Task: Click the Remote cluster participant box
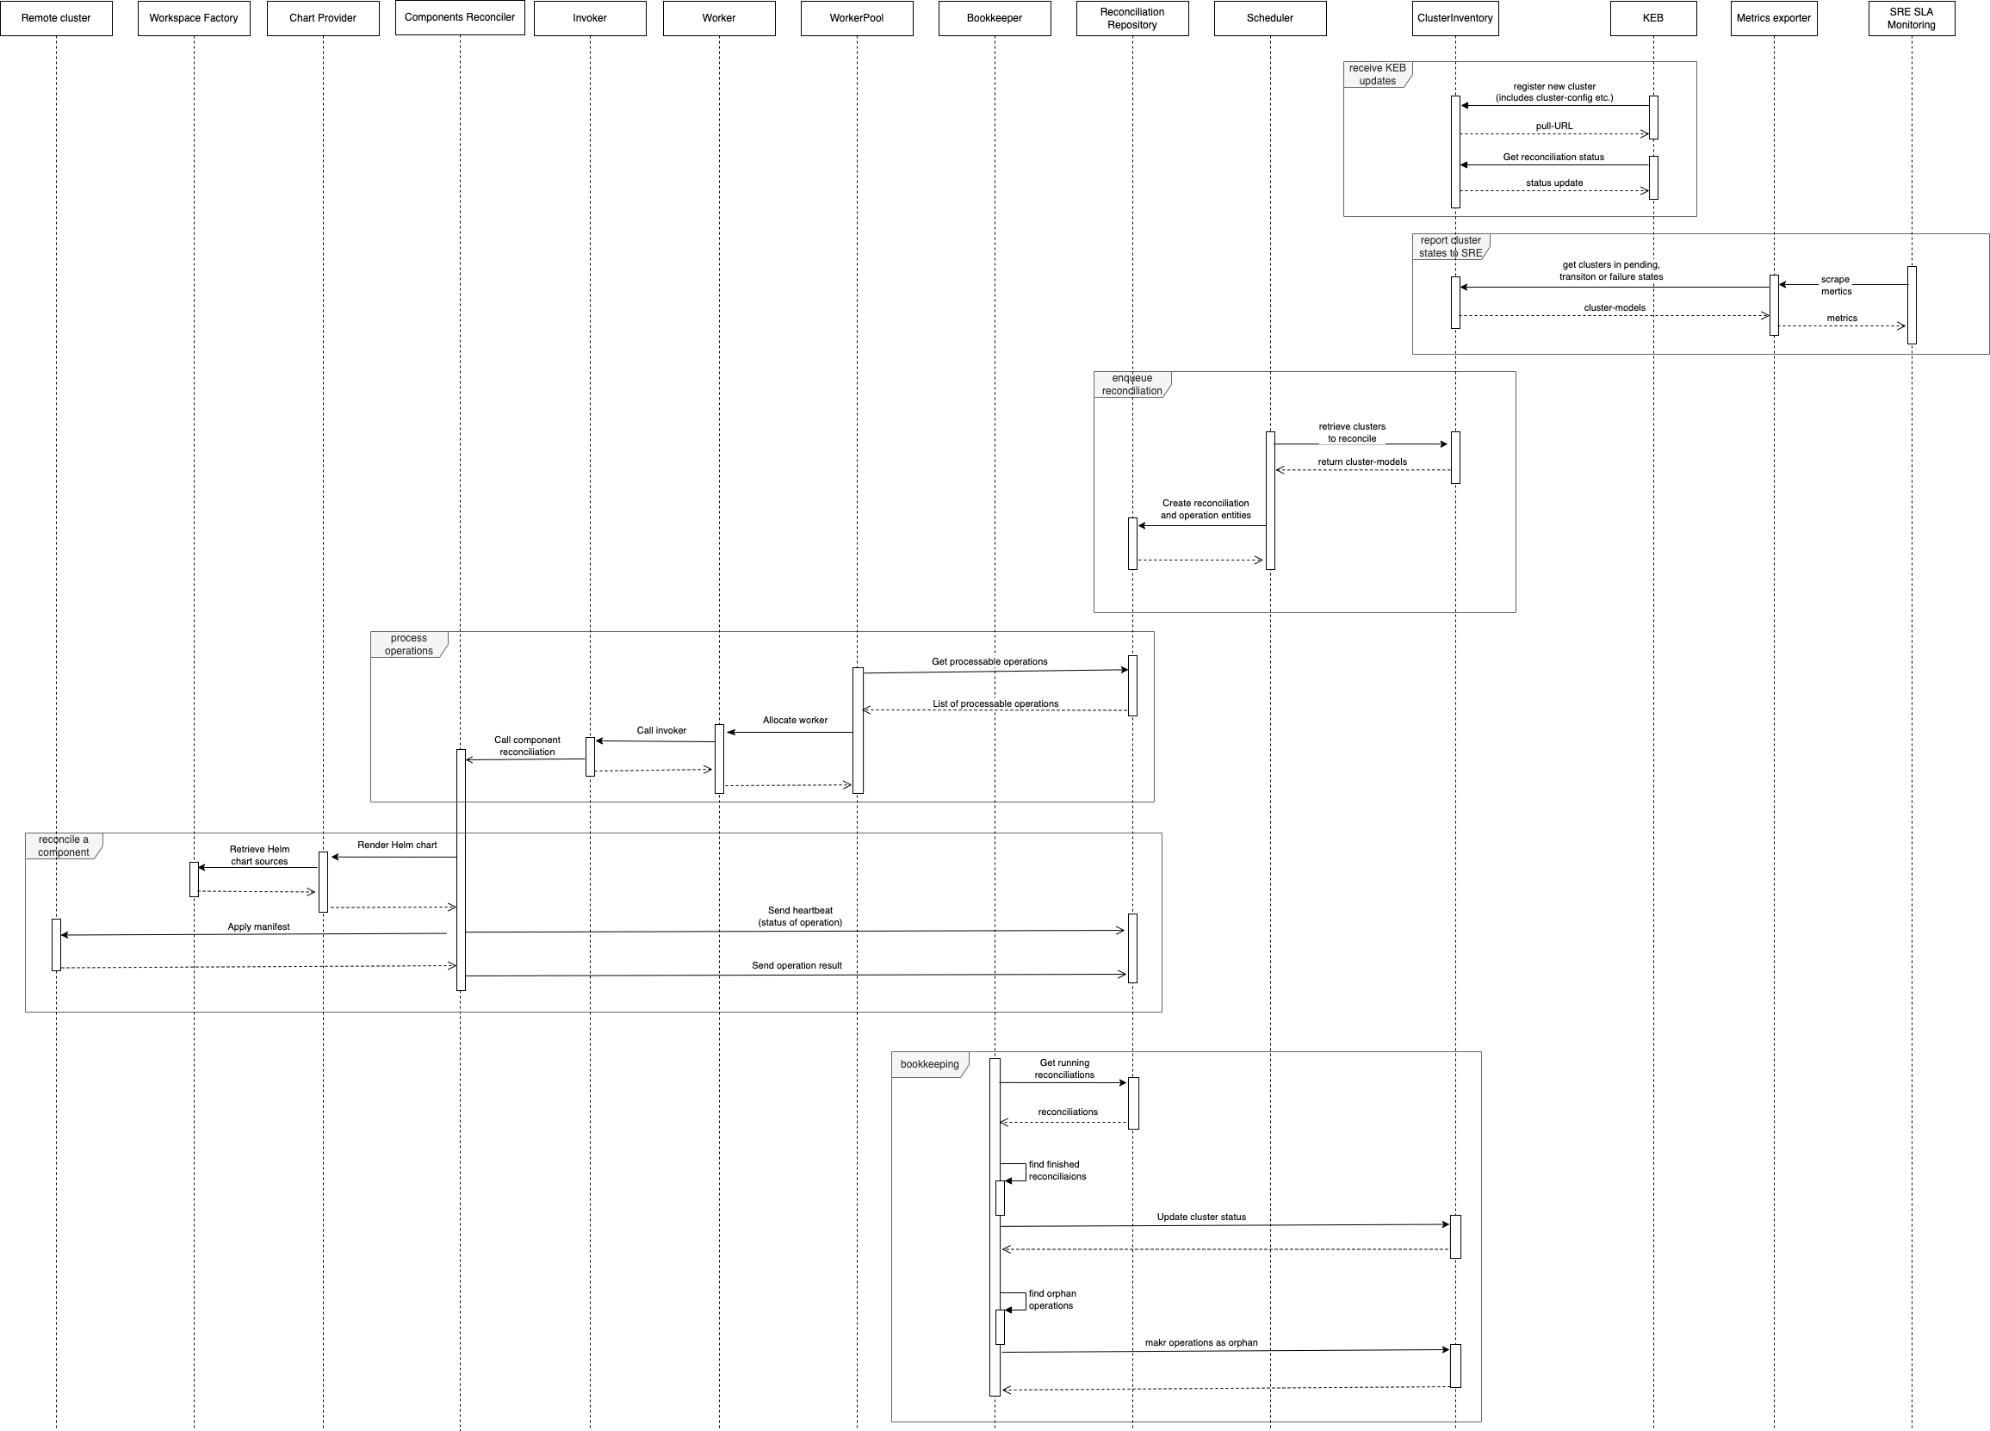56,18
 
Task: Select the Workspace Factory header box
194,18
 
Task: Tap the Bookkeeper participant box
994,18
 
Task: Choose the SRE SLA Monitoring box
1911,18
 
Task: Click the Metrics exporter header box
1773,18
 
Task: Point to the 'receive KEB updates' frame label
1377,75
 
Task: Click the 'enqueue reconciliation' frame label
1131,384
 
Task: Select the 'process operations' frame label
408,644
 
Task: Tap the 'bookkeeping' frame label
929,1064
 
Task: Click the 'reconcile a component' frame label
63,846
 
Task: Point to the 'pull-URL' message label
1554,127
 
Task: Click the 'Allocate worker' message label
795,721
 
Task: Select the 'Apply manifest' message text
258,926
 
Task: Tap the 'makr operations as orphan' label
1200,1342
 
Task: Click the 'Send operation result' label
796,965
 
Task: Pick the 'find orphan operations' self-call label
1051,1299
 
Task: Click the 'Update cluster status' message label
1201,1217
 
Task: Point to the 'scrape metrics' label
1836,285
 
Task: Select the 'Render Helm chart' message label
397,845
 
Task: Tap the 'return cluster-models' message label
1361,462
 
